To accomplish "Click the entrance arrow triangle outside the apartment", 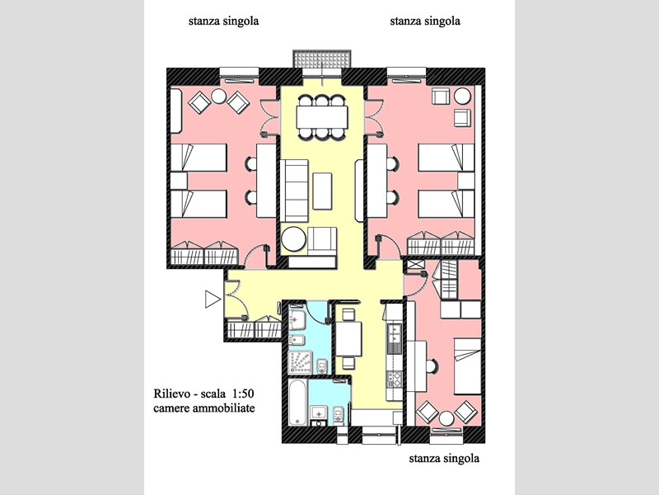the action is click(x=213, y=299).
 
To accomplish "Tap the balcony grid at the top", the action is click(x=322, y=59).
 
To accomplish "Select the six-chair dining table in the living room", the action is click(x=322, y=117).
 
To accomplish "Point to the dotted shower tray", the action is click(x=301, y=362).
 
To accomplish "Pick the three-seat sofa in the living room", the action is click(x=294, y=191).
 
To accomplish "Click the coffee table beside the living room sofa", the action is click(x=322, y=191).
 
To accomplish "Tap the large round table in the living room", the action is click(x=293, y=239).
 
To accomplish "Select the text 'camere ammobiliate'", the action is click(x=204, y=408).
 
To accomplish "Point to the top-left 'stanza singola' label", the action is click(x=223, y=21).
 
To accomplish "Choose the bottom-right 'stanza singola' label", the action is click(x=444, y=458).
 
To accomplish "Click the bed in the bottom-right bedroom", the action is click(x=467, y=365).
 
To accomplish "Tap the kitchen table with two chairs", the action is click(x=348, y=339).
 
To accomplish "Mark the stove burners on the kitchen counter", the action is click(x=395, y=379).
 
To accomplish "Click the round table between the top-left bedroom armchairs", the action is click(x=219, y=97).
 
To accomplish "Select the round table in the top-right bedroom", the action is click(x=462, y=96).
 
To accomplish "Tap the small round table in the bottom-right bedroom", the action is click(x=446, y=418).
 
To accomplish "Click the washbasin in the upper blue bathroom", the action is click(x=297, y=321).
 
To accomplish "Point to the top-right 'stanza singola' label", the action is click(x=425, y=21).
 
